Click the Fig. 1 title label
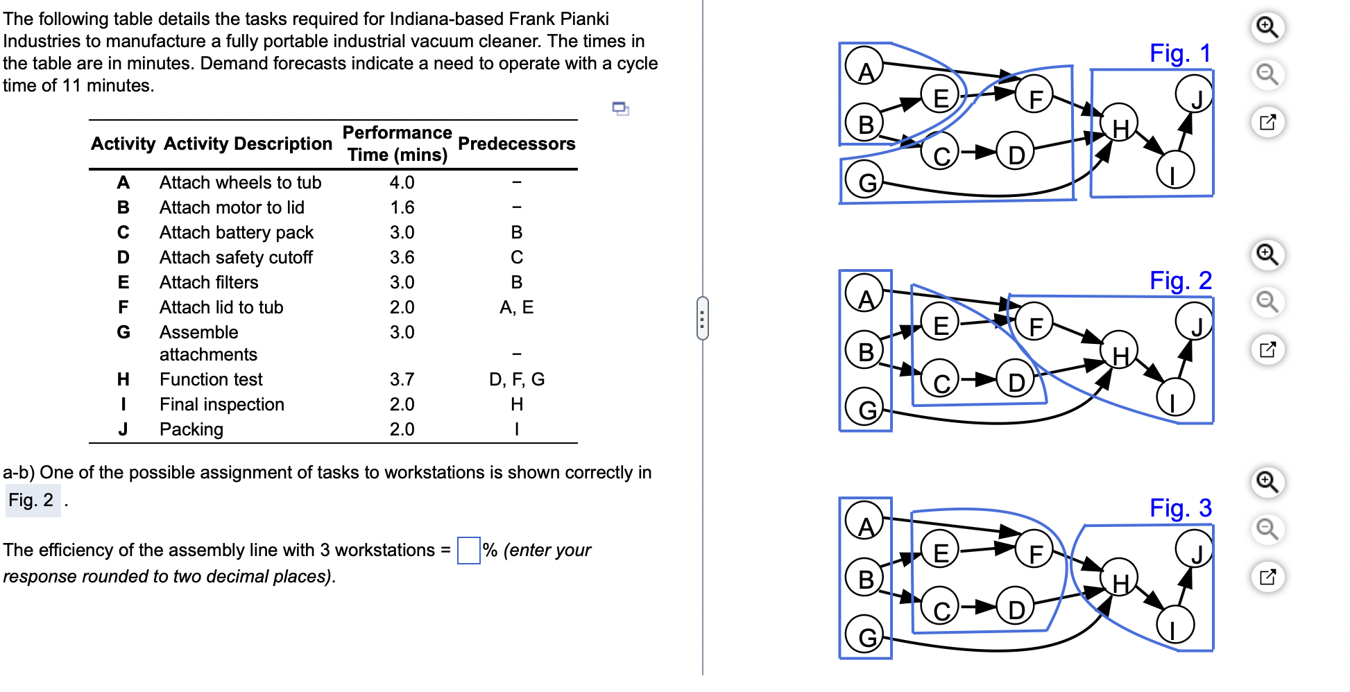[x=1180, y=53]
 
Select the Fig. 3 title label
[x=1180, y=508]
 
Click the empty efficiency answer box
[x=469, y=551]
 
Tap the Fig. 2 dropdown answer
[x=32, y=500]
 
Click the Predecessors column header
[x=516, y=144]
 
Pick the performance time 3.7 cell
[x=402, y=379]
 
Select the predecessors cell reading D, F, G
[x=516, y=379]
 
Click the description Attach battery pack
[x=236, y=232]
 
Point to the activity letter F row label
[x=123, y=307]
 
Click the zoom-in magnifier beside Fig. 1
[x=1267, y=27]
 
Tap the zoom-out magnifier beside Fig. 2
[x=1267, y=302]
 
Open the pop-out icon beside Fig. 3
[x=1267, y=576]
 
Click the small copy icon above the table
[x=620, y=108]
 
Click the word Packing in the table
[x=191, y=429]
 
